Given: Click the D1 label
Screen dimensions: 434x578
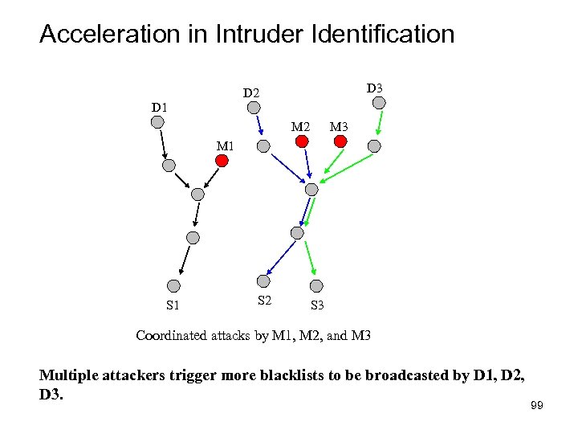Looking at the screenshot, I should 161,107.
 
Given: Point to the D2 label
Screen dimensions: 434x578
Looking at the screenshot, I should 252,94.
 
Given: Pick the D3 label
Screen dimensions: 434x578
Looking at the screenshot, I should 374,87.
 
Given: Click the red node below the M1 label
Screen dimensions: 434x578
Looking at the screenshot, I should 222,161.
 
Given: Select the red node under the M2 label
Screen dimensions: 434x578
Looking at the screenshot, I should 302,141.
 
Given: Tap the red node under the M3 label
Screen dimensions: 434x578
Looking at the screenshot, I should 340,141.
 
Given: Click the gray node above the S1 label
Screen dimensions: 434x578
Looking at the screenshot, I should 173,285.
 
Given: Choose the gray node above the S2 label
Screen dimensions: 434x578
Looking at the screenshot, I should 263,280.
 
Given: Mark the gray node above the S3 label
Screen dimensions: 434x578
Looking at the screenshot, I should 316,285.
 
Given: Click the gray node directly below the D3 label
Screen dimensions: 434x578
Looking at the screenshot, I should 381,102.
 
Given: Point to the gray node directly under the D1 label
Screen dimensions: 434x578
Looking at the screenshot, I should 158,122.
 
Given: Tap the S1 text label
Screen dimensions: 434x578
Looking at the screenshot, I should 173,305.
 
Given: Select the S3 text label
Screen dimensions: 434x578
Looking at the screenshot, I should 316,305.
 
